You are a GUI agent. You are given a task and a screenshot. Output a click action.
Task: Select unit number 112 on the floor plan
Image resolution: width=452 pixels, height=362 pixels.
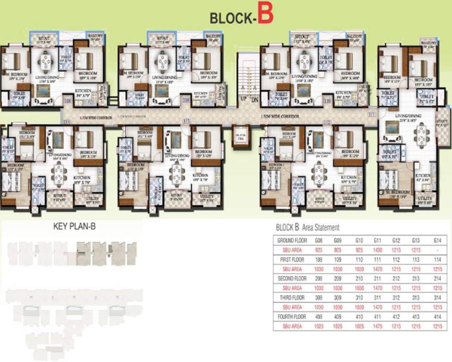pyautogui.click(x=326, y=122)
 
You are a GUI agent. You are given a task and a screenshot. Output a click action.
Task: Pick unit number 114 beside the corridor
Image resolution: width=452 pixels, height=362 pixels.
pyautogui.click(x=67, y=122)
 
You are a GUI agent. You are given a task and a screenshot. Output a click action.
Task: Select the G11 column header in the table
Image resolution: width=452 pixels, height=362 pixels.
pyautogui.click(x=377, y=240)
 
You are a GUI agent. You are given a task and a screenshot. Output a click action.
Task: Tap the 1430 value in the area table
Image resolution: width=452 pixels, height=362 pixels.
pyautogui.click(x=377, y=250)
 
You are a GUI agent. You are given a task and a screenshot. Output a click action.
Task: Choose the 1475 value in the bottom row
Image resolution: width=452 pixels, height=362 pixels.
pyautogui.click(x=377, y=326)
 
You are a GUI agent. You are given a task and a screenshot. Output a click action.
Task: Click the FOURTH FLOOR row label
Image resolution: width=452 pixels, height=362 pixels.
pyautogui.click(x=291, y=317)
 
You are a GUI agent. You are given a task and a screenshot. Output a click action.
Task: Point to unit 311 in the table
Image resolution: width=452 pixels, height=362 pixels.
pyautogui.click(x=377, y=297)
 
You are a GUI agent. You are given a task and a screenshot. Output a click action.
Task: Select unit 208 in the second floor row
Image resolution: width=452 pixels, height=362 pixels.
pyautogui.click(x=319, y=279)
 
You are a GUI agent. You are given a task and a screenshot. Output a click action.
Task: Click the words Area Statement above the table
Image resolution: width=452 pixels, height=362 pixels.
pyautogui.click(x=321, y=228)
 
